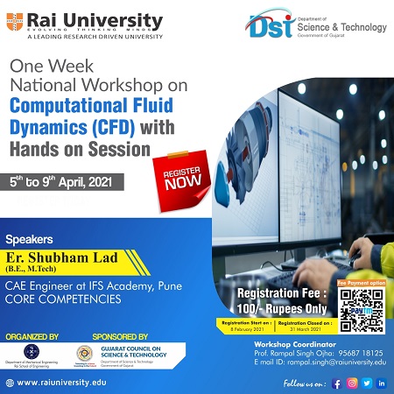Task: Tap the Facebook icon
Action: (x=336, y=382)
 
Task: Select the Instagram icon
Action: (x=352, y=382)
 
